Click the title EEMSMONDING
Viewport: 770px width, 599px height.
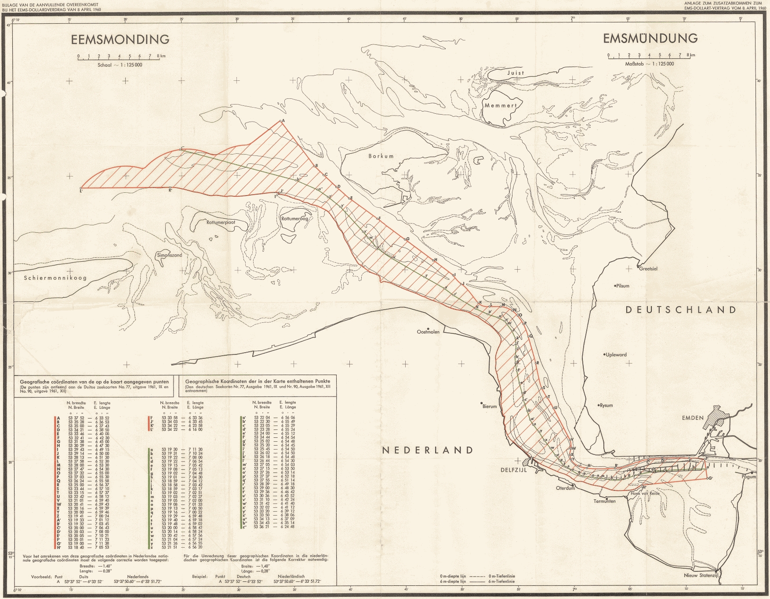pyautogui.click(x=120, y=40)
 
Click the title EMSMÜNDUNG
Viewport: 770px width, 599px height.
pyautogui.click(x=650, y=39)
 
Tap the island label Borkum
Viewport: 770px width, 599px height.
pyautogui.click(x=381, y=156)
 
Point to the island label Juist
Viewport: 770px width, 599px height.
pyautogui.click(x=516, y=73)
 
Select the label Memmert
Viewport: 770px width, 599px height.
pyautogui.click(x=501, y=105)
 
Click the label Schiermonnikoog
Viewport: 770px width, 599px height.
pyautogui.click(x=55, y=278)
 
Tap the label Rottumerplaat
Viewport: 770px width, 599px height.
pyautogui.click(x=221, y=222)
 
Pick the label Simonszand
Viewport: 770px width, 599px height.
pyautogui.click(x=169, y=255)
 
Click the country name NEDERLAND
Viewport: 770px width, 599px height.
pyautogui.click(x=427, y=450)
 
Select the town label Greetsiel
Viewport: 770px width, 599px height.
pyautogui.click(x=648, y=269)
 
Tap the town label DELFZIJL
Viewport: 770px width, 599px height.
pyautogui.click(x=513, y=470)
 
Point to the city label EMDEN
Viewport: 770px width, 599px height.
pyautogui.click(x=693, y=418)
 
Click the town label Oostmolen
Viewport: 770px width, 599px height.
pyautogui.click(x=428, y=332)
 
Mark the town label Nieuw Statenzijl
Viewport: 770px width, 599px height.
pyautogui.click(x=701, y=575)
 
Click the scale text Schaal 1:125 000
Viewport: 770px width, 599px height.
pyautogui.click(x=120, y=65)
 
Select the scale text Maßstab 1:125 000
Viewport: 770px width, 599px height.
pyautogui.click(x=650, y=64)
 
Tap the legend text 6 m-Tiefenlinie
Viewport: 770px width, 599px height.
pyautogui.click(x=501, y=581)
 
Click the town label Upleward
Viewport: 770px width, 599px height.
pyautogui.click(x=616, y=355)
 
